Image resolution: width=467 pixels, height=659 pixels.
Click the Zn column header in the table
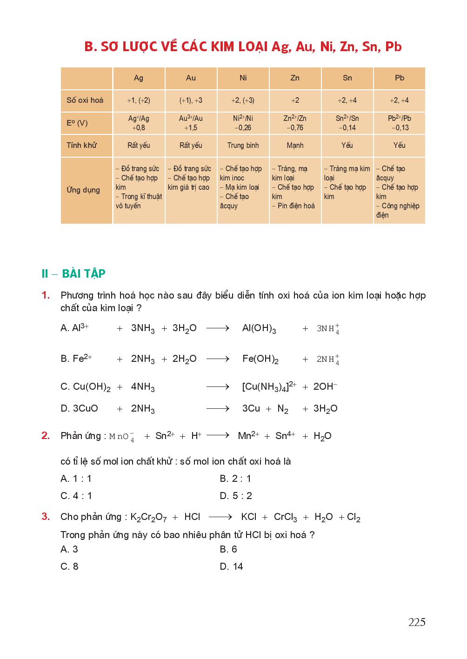click(295, 78)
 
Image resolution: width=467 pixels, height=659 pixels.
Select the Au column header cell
click(191, 78)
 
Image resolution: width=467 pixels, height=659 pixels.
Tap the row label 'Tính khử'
click(82, 146)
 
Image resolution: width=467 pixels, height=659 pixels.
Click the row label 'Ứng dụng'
click(83, 190)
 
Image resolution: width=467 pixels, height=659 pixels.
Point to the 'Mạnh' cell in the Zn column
click(295, 146)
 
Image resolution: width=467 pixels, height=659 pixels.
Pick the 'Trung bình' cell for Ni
click(243, 146)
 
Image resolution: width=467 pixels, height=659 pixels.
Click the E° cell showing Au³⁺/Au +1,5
click(191, 123)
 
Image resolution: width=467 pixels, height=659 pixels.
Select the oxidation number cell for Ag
click(139, 100)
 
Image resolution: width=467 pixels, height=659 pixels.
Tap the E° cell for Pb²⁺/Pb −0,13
click(400, 123)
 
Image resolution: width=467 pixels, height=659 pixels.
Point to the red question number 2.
click(46, 436)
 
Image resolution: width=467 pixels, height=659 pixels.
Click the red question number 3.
click(46, 517)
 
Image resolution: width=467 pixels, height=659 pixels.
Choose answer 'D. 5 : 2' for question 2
click(236, 496)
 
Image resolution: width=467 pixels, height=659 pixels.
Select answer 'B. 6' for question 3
click(228, 549)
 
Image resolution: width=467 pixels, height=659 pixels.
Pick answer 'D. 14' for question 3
click(231, 566)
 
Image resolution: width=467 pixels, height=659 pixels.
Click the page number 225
click(417, 622)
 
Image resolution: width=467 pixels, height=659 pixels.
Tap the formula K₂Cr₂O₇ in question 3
click(148, 517)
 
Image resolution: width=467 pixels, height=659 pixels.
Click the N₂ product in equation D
click(283, 409)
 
